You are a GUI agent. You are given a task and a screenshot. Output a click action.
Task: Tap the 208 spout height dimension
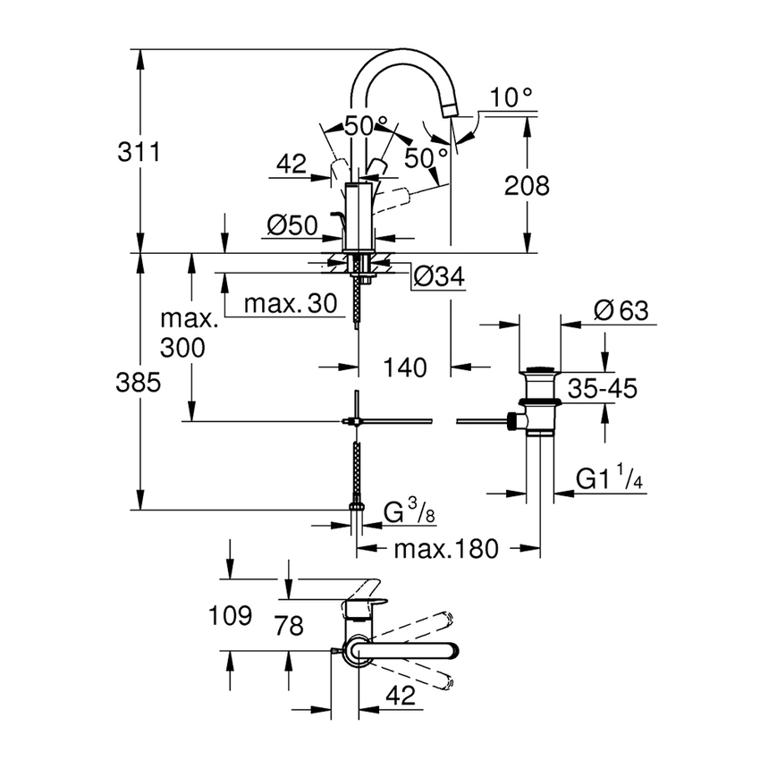(527, 186)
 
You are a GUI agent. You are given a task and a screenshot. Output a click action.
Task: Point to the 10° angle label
(511, 97)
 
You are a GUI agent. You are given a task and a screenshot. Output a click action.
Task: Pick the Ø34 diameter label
(441, 278)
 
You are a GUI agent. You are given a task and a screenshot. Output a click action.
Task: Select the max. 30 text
(291, 304)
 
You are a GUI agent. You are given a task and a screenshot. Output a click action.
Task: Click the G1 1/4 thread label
(611, 480)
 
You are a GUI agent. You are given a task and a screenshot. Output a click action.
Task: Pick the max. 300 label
(189, 333)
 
